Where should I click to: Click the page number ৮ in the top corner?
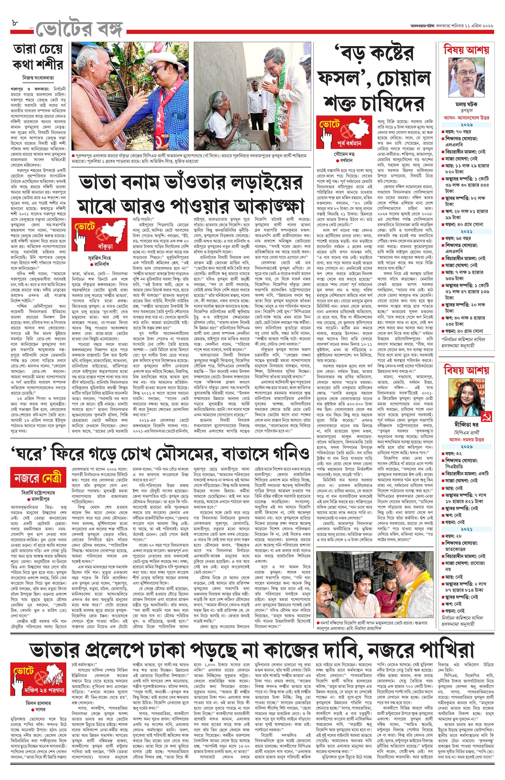click(x=14, y=24)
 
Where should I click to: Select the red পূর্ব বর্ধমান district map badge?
click(x=344, y=132)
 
